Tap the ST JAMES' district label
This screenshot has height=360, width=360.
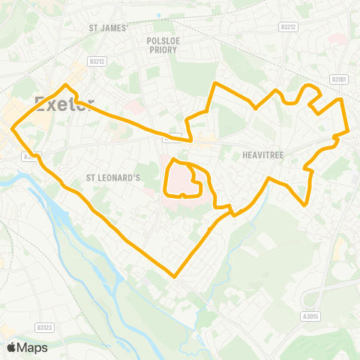(x=109, y=28)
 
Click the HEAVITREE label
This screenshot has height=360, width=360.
(x=262, y=155)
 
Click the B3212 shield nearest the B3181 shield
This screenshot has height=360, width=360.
(x=287, y=26)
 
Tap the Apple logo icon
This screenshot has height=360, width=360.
(x=12, y=347)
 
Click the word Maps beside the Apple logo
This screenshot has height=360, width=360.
(x=33, y=347)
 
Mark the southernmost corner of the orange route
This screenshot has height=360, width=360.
(x=175, y=276)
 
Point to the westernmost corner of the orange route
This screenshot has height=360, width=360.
(x=12, y=129)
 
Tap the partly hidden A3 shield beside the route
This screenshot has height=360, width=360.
(x=28, y=157)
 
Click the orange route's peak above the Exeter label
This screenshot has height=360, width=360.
(x=66, y=85)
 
